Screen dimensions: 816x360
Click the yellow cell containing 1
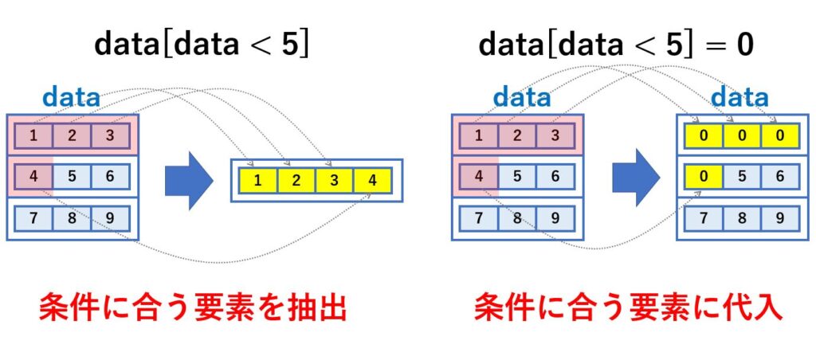pyautogui.click(x=258, y=181)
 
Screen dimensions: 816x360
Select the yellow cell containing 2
pyautogui.click(x=296, y=181)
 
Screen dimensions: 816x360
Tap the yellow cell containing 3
pyautogui.click(x=334, y=181)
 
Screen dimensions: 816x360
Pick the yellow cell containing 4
pyautogui.click(x=372, y=181)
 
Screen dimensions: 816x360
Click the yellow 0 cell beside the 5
pyautogui.click(x=704, y=176)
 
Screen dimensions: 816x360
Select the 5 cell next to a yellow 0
pyautogui.click(x=742, y=176)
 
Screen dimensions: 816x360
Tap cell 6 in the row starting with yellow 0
pyautogui.click(x=779, y=176)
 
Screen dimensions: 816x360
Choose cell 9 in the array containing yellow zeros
pyautogui.click(x=779, y=218)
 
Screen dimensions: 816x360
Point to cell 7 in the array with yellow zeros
pyautogui.click(x=704, y=218)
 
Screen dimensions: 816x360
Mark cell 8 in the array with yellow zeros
pyautogui.click(x=742, y=218)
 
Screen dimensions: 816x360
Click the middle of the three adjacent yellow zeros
pyautogui.click(x=742, y=136)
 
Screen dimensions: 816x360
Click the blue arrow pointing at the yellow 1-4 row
pyautogui.click(x=189, y=181)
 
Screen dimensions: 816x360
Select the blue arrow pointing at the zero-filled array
pyautogui.click(x=636, y=178)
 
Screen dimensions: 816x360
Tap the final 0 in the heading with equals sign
pyautogui.click(x=743, y=46)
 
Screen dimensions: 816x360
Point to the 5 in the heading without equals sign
pyautogui.click(x=290, y=46)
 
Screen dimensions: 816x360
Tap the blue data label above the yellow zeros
pyautogui.click(x=739, y=98)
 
